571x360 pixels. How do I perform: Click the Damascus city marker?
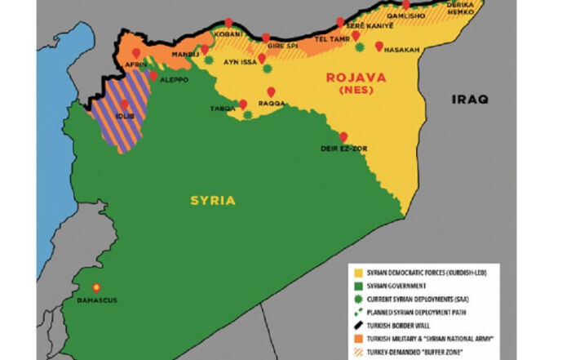coord(96,287)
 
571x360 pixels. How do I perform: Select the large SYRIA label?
coord(213,200)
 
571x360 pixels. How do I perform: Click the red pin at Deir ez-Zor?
coord(343,137)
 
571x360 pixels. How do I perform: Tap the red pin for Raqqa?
coord(272,91)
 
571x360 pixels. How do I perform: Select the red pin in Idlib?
coord(125,104)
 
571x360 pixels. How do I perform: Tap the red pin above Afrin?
coord(135,55)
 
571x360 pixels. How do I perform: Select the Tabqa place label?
coord(223,107)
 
